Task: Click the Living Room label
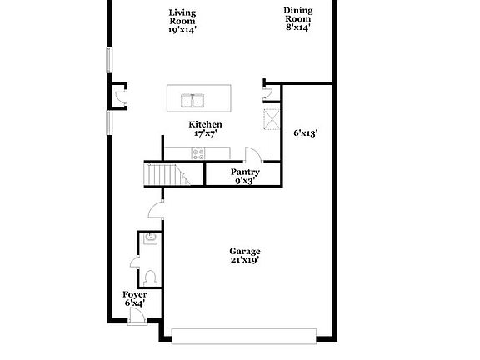coord(182,17)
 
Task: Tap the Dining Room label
coord(298,15)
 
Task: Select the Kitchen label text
coord(205,125)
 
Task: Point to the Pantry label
coord(245,172)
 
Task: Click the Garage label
coord(245,252)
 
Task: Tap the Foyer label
coord(135,294)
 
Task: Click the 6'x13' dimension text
coord(306,133)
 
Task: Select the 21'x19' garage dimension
coord(245,260)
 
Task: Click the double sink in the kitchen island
coord(192,100)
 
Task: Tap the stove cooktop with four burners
coord(198,153)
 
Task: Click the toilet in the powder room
coord(150,278)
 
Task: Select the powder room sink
coord(151,238)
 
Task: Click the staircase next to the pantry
coord(167,174)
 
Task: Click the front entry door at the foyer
coord(137,316)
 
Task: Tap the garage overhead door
coord(244,336)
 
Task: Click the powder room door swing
coord(135,262)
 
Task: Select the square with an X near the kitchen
coord(272,119)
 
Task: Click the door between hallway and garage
coord(156,209)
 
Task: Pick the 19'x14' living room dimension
coord(182,30)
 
